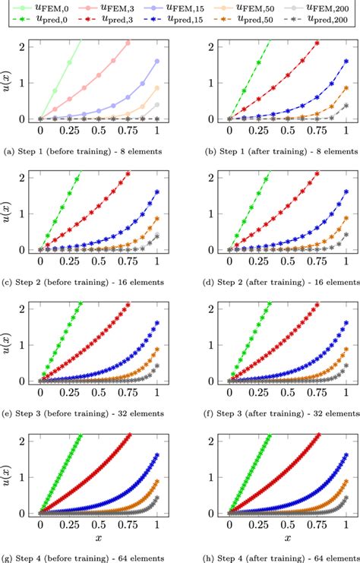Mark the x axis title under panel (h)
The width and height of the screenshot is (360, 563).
click(x=287, y=537)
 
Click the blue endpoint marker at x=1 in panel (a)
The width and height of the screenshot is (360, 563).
click(x=156, y=61)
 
